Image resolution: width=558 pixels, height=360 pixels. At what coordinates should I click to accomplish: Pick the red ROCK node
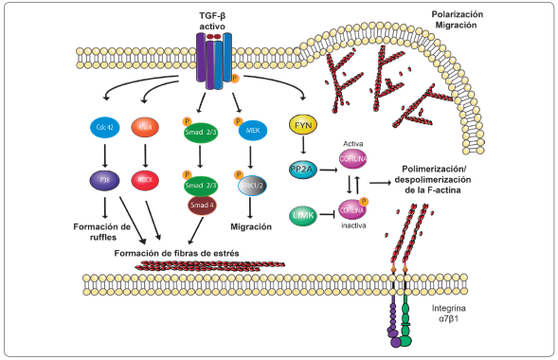click(x=145, y=178)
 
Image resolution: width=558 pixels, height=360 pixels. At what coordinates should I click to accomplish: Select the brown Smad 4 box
click(x=200, y=203)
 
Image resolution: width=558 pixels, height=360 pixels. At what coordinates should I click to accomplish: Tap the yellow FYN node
click(x=303, y=124)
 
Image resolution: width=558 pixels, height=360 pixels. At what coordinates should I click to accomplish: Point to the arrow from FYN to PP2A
click(x=303, y=146)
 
